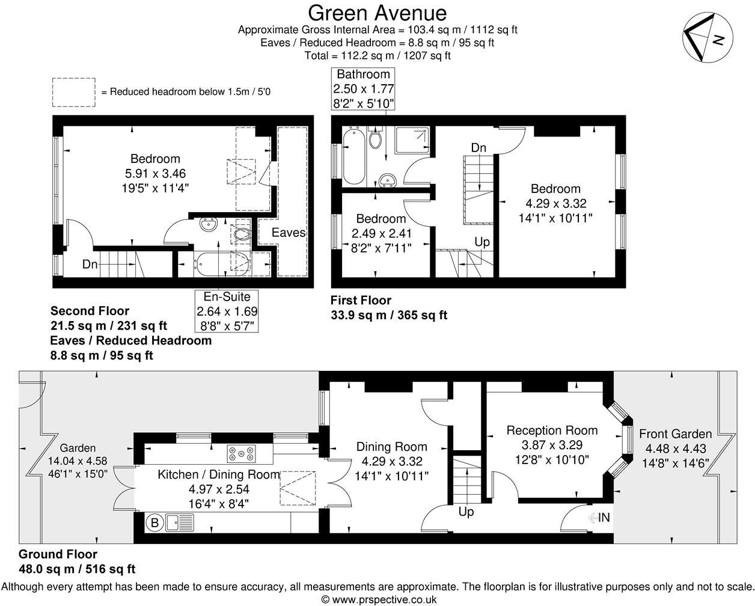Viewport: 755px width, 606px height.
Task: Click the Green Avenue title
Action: [x=377, y=13]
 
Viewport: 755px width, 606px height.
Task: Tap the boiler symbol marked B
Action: [x=154, y=523]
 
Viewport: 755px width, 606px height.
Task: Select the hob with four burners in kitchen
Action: [x=241, y=453]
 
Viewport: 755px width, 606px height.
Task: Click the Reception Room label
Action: [x=552, y=430]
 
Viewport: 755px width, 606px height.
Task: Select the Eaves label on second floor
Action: [x=289, y=233]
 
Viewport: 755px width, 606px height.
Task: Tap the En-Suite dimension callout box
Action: [x=227, y=311]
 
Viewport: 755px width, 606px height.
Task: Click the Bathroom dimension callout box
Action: [x=363, y=89]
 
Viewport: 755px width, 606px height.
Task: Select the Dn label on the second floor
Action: [x=90, y=264]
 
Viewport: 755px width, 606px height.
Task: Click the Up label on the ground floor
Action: [x=466, y=512]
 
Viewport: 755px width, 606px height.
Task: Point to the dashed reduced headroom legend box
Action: [x=73, y=92]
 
